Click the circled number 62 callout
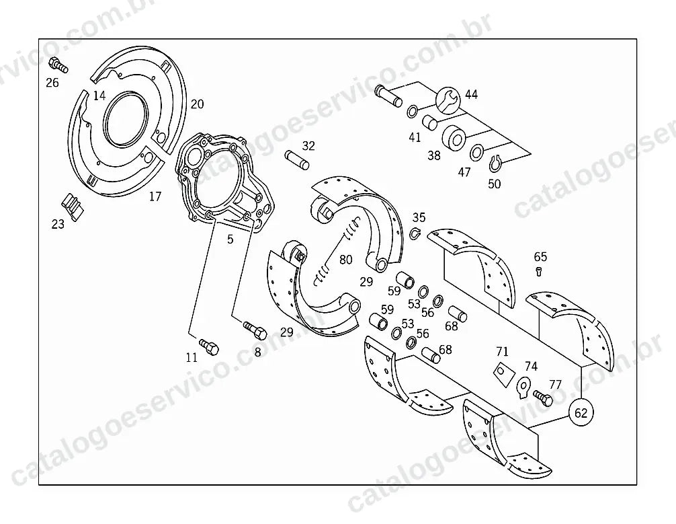(581, 412)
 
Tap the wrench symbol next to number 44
(448, 100)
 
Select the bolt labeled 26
(58, 65)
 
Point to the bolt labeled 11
(209, 346)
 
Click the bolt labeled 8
(255, 331)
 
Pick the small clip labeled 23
(73, 206)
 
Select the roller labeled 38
(454, 137)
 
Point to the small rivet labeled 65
(538, 272)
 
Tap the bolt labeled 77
(543, 396)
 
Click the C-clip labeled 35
(415, 233)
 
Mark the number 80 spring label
(346, 260)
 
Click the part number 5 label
(230, 239)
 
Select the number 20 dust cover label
(197, 104)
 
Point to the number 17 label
(155, 196)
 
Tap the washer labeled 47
(476, 153)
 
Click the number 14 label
(99, 96)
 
